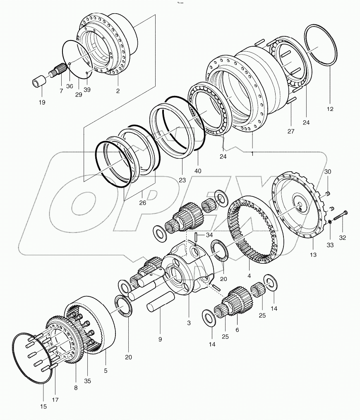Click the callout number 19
(42, 102)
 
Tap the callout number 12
(329, 109)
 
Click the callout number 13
(313, 255)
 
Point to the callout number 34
(209, 235)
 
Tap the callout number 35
(87, 381)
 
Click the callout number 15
(43, 407)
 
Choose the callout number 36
(70, 86)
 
